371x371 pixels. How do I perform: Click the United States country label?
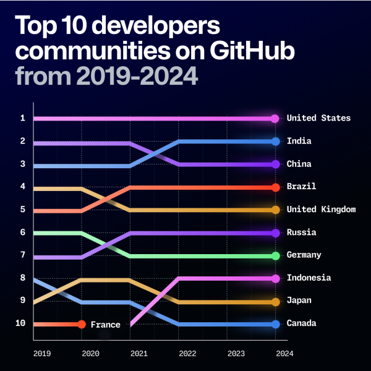pyautogui.click(x=318, y=118)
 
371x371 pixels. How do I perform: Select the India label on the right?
pyautogui.click(x=299, y=141)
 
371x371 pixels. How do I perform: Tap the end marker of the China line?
pyautogui.click(x=275, y=164)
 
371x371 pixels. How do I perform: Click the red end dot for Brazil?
pyautogui.click(x=275, y=187)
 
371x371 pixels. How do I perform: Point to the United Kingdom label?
pyautogui.click(x=321, y=210)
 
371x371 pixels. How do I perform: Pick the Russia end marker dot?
pyautogui.click(x=275, y=233)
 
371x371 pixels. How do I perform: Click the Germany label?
pyautogui.click(x=304, y=255)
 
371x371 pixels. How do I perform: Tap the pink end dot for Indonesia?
pyautogui.click(x=275, y=278)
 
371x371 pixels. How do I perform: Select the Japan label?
pyautogui.click(x=299, y=301)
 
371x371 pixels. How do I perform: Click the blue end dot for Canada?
pyautogui.click(x=275, y=324)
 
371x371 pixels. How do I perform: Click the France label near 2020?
pyautogui.click(x=105, y=325)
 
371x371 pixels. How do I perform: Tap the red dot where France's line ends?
pyautogui.click(x=82, y=324)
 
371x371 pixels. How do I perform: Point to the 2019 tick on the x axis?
pyautogui.click(x=41, y=354)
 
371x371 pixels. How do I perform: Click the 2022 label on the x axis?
pyautogui.click(x=187, y=354)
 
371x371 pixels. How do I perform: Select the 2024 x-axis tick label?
pyautogui.click(x=284, y=354)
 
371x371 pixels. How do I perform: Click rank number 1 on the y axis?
pyautogui.click(x=22, y=118)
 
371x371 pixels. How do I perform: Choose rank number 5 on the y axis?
pyautogui.click(x=22, y=210)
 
